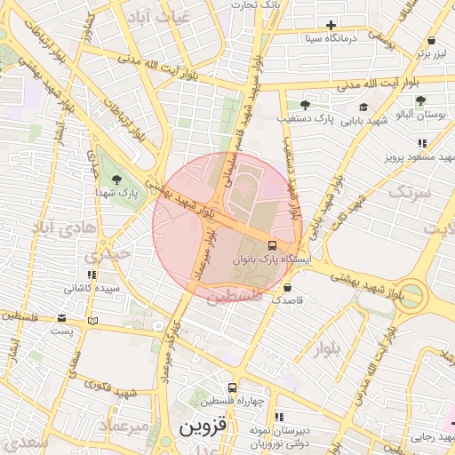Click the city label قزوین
(x=204, y=426)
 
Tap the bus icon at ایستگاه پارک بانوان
(x=272, y=245)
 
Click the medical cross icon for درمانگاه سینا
(x=331, y=25)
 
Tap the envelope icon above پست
(x=61, y=317)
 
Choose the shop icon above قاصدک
(x=287, y=288)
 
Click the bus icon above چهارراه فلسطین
(x=232, y=387)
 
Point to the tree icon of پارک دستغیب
(x=305, y=105)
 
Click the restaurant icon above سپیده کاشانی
(x=91, y=275)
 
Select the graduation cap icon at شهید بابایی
(x=364, y=108)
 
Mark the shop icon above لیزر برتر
(x=431, y=40)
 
